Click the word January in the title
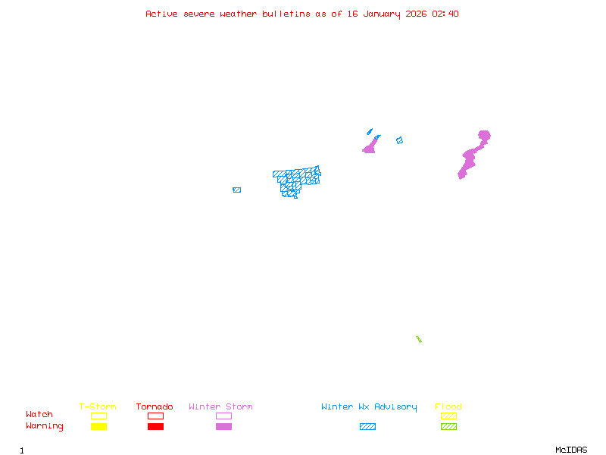point(379,14)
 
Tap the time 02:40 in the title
point(444,14)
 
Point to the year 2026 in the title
point(414,14)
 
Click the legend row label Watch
point(39,415)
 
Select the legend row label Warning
point(45,426)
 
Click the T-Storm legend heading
point(98,406)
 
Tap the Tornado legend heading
point(155,406)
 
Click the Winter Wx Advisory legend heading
point(369,406)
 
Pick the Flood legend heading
point(448,406)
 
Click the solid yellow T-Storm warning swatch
point(98,426)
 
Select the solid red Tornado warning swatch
point(155,426)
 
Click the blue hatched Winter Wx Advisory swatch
point(367,426)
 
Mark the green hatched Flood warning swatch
point(448,426)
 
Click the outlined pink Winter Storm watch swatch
point(223,416)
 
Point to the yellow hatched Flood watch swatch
point(448,416)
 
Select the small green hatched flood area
point(418,339)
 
